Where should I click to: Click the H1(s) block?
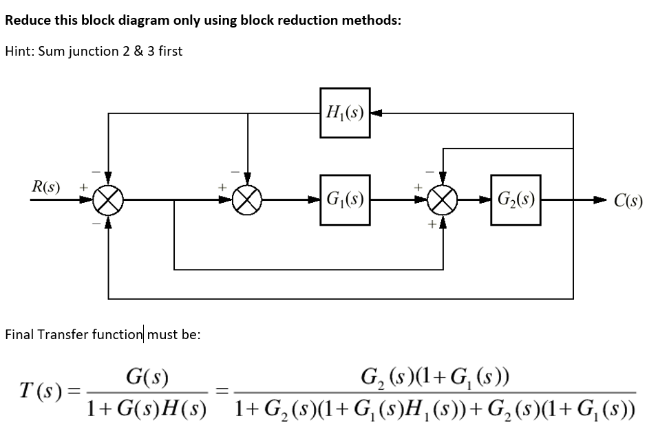coord(345,113)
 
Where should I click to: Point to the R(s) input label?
coord(45,186)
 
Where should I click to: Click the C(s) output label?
coord(628,202)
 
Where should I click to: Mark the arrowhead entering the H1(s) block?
coord(376,113)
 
